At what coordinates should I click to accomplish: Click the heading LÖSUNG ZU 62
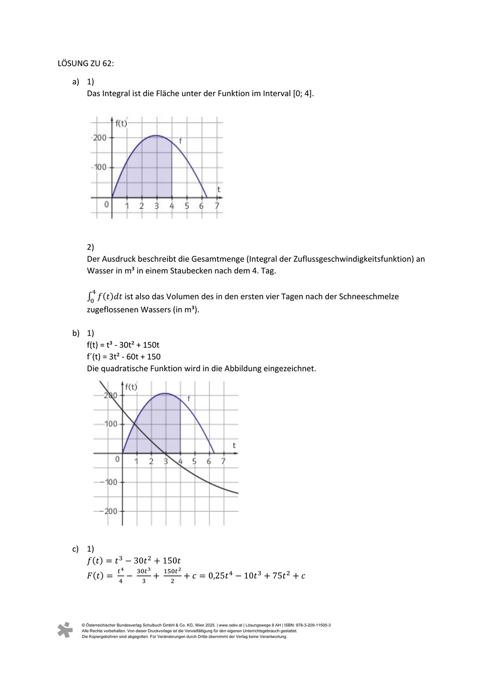coord(85,63)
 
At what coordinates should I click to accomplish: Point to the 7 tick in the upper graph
coord(216,206)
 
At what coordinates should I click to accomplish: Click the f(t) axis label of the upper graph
coord(121,123)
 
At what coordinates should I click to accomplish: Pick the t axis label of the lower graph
coord(234,445)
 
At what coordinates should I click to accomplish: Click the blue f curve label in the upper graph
coord(180,141)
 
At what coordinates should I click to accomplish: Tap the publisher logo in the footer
coord(65,630)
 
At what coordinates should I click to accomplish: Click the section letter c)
coord(76,549)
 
